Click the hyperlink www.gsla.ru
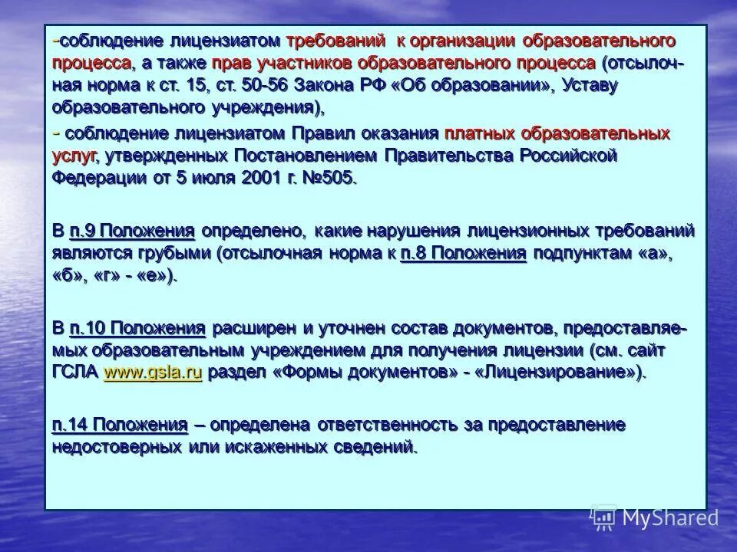pyautogui.click(x=152, y=373)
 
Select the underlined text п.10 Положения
pyautogui.click(x=137, y=329)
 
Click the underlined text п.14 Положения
pyautogui.click(x=120, y=426)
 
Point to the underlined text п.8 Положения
pyautogui.click(x=463, y=254)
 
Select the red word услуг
pyautogui.click(x=74, y=156)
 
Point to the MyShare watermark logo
pyautogui.click(x=655, y=517)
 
